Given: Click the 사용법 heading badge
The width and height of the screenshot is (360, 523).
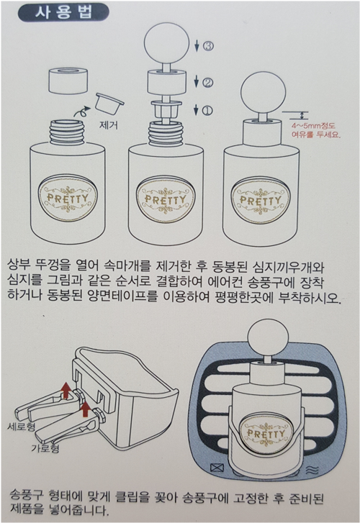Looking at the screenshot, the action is [x=63, y=12].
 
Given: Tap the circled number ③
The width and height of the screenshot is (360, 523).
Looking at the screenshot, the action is [x=208, y=46].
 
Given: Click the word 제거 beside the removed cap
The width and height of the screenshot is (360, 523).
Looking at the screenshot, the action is [x=108, y=125].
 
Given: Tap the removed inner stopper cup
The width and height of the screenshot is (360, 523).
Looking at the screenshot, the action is [x=109, y=103].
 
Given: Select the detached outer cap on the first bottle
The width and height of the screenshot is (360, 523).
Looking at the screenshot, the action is [x=68, y=81].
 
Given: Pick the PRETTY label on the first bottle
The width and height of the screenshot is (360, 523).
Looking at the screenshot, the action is [x=68, y=197].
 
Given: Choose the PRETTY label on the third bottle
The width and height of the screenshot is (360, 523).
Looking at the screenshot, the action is [x=261, y=201].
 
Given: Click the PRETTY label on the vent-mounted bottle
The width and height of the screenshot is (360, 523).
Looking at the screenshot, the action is [x=266, y=434].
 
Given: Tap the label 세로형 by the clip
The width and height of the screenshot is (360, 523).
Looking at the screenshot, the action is [x=22, y=427].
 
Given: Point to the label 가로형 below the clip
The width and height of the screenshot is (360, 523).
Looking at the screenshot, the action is [x=45, y=447].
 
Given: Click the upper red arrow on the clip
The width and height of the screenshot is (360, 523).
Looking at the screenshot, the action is [x=66, y=390].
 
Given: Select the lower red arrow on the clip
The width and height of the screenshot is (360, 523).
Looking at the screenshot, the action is [x=86, y=409].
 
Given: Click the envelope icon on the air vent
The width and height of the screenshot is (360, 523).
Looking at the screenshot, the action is [x=217, y=468].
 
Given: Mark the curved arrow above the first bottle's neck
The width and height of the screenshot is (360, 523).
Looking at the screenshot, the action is [x=82, y=112].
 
